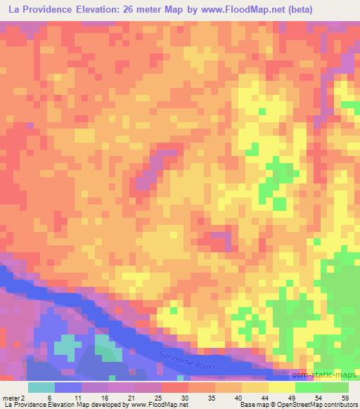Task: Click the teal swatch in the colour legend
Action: [41, 387]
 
